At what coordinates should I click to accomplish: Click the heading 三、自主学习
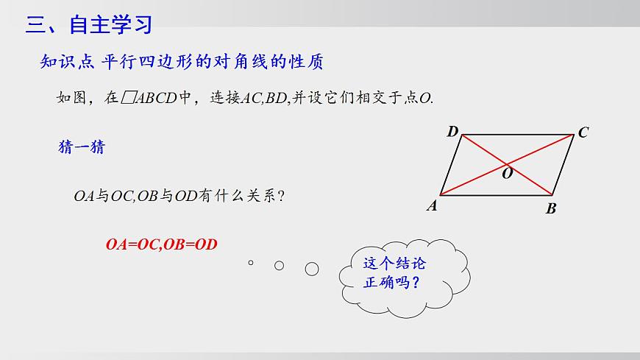[89, 24]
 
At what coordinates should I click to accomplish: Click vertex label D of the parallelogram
[452, 132]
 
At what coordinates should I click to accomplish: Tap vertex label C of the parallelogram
[583, 133]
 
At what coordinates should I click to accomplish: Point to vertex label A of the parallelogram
[433, 207]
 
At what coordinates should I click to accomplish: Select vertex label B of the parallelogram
[551, 209]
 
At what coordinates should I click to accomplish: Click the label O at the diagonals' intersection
[508, 174]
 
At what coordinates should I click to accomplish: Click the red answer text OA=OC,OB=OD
[162, 244]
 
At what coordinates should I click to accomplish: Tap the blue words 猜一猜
[82, 147]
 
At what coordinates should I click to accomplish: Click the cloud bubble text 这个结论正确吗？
[395, 273]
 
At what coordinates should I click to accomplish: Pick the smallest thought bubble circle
[251, 262]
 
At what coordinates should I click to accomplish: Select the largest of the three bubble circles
[312, 269]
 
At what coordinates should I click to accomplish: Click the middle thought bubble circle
[279, 265]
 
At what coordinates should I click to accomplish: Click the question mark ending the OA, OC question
[282, 197]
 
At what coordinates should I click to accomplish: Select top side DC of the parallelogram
[515, 135]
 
